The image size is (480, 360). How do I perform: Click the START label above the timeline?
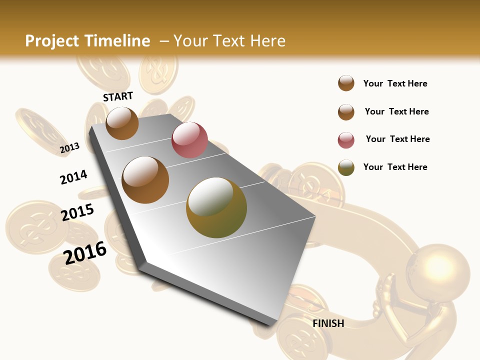click(118, 96)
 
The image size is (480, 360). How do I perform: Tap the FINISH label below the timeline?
click(328, 323)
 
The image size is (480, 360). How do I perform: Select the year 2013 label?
click(70, 147)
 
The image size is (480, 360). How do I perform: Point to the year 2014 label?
click(73, 177)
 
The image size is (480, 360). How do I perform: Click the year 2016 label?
click(85, 252)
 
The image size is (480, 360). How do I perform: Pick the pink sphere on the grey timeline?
click(189, 139)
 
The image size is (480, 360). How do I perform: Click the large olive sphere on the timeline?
click(216, 207)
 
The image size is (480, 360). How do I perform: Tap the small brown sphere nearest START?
click(122, 123)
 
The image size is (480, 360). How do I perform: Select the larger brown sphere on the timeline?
click(145, 179)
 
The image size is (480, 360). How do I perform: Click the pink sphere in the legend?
click(346, 140)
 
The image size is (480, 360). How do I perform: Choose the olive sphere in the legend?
click(346, 167)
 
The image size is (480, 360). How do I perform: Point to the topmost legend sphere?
click(346, 83)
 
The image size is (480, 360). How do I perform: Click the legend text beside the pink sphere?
click(397, 139)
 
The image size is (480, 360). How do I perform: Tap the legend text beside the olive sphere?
click(395, 167)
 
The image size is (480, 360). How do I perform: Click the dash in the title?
click(164, 41)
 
